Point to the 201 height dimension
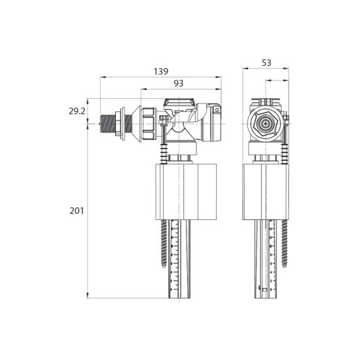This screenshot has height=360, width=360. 77,211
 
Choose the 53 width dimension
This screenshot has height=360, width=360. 266,63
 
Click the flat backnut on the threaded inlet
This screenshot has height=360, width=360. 121,124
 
